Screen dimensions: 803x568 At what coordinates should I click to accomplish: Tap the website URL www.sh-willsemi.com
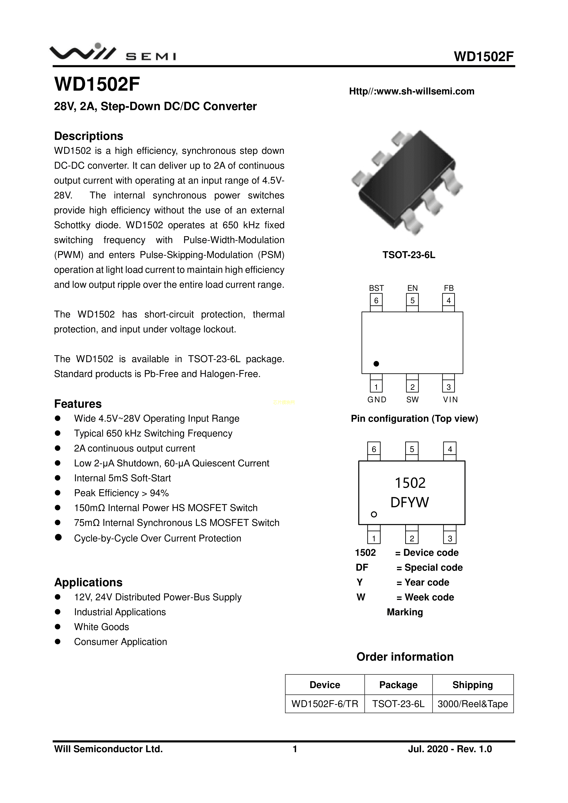pyautogui.click(x=412, y=91)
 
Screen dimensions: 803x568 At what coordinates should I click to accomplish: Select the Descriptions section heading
pyautogui.click(x=89, y=136)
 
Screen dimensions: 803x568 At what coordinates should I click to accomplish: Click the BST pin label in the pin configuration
pyautogui.click(x=376, y=288)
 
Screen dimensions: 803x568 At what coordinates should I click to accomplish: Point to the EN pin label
pyautogui.click(x=412, y=288)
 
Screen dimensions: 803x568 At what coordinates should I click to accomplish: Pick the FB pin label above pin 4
pyautogui.click(x=449, y=288)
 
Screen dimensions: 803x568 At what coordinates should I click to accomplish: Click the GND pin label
pyautogui.click(x=377, y=399)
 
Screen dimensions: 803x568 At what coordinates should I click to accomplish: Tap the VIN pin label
pyautogui.click(x=450, y=399)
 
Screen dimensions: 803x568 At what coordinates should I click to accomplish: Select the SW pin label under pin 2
pyautogui.click(x=412, y=399)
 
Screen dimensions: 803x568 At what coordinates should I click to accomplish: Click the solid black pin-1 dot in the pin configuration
pyautogui.click(x=376, y=364)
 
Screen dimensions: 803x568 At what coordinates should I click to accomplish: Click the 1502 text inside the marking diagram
pyautogui.click(x=410, y=483)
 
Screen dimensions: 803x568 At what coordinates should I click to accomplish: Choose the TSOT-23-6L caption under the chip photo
pyautogui.click(x=408, y=255)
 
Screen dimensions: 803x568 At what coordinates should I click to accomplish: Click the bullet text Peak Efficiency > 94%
pyautogui.click(x=121, y=493)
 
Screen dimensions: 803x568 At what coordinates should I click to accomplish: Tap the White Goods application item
pyautogui.click(x=101, y=627)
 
